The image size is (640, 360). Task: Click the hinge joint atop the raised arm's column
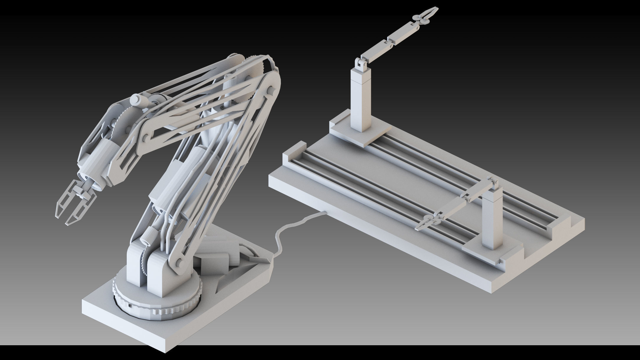361,64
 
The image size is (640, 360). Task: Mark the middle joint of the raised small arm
387,40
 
